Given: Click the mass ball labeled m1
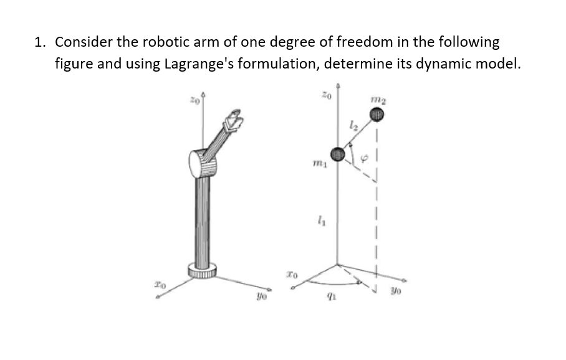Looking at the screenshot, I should [x=337, y=153].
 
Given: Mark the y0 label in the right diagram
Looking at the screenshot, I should [x=395, y=289].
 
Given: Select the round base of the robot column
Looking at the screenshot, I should [x=203, y=270].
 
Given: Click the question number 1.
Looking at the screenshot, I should [x=39, y=42].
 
